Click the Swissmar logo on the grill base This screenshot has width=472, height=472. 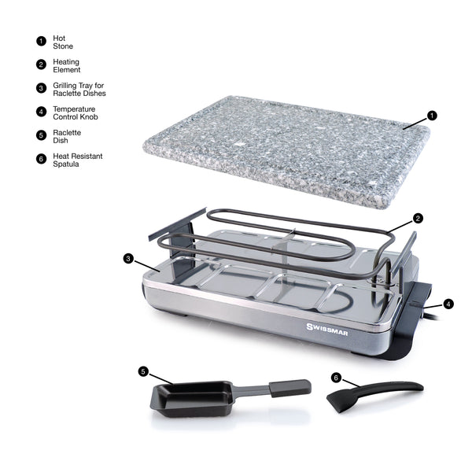pos(327,330)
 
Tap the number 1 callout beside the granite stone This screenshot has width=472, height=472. pos(432,116)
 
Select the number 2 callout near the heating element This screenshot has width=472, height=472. pos(418,218)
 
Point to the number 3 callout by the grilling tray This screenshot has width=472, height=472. pos(128,258)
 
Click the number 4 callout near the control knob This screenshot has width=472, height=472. pos(448,304)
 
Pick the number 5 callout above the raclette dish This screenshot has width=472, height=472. pos(143,371)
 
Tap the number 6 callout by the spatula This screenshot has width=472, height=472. pos(336,378)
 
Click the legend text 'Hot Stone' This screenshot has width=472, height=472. pos(63,42)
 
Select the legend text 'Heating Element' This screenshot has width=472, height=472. pos(67,65)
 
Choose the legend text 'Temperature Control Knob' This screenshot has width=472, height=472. pos(76,112)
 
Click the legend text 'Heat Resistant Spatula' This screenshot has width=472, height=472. pos(78,160)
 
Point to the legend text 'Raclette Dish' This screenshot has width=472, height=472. pos(67,136)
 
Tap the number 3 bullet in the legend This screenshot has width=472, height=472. pos(41,88)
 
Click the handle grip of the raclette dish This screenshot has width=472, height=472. pos(289,388)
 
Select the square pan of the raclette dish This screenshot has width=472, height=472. pos(193,399)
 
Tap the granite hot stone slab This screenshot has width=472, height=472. pos(286,151)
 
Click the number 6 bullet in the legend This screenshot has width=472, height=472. pos(41,159)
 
